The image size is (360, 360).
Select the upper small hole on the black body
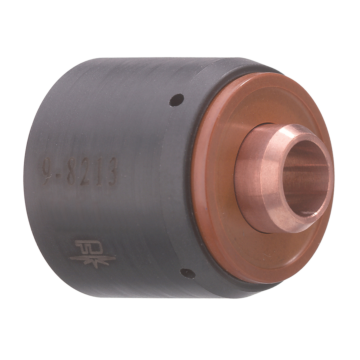coord(177,98)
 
